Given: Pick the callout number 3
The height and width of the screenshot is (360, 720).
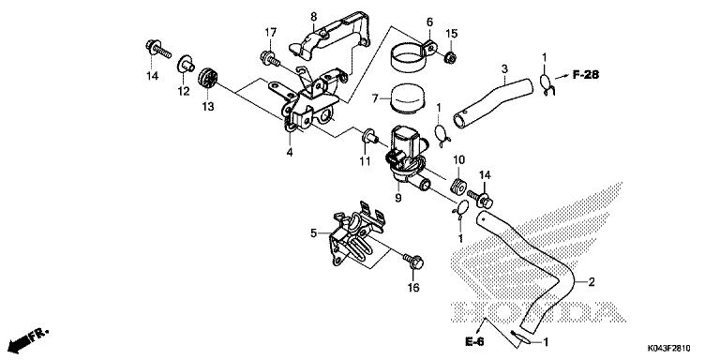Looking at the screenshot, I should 503,68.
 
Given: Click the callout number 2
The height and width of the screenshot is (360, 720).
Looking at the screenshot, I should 591,280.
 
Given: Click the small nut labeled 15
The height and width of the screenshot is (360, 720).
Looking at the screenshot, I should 449,59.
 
